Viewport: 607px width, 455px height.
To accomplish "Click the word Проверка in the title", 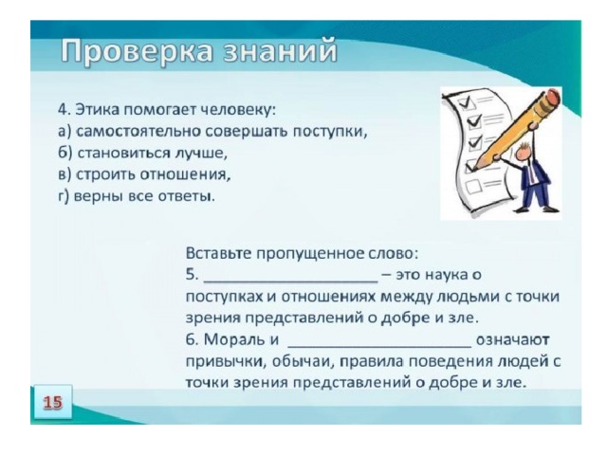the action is [x=137, y=50].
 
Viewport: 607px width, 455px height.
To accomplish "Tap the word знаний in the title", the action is [x=281, y=50].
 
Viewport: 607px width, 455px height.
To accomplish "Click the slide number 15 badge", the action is [x=53, y=402].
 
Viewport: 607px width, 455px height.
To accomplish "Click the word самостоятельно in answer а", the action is [x=138, y=132].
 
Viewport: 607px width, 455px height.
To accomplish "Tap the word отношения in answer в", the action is [x=185, y=174].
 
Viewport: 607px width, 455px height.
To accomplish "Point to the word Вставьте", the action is [x=219, y=254].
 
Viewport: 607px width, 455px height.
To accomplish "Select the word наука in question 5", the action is [x=445, y=275].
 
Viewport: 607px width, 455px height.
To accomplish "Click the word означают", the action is [x=513, y=340].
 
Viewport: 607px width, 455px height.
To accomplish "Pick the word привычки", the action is [x=226, y=362].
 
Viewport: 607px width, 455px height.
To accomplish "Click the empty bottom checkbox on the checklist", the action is [x=472, y=187].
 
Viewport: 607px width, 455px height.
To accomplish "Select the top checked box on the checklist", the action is [x=465, y=102].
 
